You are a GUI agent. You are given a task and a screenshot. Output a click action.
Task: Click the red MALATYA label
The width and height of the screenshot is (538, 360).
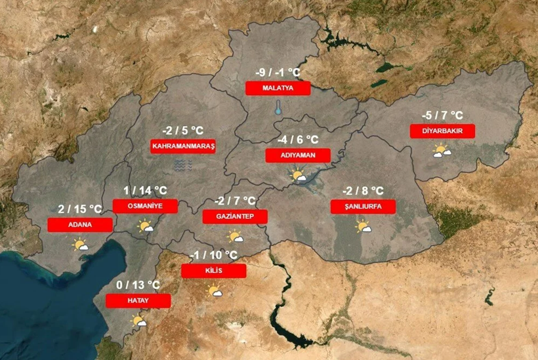[x=277, y=88]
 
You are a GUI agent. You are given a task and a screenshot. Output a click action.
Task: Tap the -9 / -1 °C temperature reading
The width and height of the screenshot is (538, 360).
[x=278, y=73]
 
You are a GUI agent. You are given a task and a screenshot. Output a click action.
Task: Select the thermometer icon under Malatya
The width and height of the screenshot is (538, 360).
[x=278, y=108]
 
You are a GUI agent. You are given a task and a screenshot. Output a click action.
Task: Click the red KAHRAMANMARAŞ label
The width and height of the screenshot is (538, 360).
[x=183, y=146]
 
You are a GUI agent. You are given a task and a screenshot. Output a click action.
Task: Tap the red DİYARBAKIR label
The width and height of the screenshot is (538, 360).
[x=442, y=131]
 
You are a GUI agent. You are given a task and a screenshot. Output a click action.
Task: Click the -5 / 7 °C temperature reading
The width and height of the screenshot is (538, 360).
[x=442, y=117]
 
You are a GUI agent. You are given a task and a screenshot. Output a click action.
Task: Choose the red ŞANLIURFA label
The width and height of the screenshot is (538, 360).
[x=363, y=207]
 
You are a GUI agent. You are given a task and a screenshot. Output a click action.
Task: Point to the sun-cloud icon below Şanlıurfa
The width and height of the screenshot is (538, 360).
[x=363, y=227]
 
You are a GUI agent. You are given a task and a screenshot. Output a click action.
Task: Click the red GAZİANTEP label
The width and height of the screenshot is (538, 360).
[x=234, y=216]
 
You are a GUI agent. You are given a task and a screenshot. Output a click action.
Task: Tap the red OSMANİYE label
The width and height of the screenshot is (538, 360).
[x=145, y=206]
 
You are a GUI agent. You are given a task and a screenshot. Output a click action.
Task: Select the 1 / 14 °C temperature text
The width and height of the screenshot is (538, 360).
[x=146, y=191]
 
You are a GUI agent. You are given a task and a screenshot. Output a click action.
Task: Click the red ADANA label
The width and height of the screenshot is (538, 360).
[x=80, y=224]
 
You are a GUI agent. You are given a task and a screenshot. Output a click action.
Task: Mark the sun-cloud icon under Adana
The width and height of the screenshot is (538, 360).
[x=81, y=245]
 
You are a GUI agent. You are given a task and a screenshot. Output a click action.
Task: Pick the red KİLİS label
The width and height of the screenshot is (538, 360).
[x=213, y=271]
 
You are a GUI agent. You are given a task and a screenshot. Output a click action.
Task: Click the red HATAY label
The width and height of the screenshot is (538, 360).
[x=138, y=300]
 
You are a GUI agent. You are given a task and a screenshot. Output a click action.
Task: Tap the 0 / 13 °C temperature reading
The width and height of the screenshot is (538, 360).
[x=138, y=285]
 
